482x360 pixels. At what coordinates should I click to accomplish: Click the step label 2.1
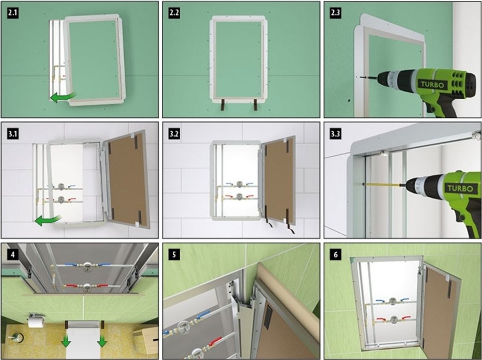tap(13, 13)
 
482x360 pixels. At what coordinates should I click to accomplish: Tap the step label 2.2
tap(174, 13)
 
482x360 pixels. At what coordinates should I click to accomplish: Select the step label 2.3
tap(335, 13)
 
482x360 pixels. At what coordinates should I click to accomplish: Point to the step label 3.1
tap(13, 134)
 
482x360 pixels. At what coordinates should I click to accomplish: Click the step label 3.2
tap(174, 134)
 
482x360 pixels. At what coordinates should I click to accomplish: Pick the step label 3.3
tap(335, 134)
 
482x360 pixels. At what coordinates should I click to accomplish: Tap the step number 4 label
tap(13, 254)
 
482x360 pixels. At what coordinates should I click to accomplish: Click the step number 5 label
tap(174, 254)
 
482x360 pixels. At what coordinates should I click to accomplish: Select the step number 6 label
tap(335, 254)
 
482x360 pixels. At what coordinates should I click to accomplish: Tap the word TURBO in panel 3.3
tap(460, 188)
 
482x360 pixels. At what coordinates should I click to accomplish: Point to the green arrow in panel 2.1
tap(63, 97)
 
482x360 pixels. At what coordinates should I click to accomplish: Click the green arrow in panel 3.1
tap(48, 220)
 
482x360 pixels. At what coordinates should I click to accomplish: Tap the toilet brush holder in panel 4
tap(15, 338)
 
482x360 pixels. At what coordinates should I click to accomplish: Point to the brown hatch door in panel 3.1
tap(127, 179)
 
